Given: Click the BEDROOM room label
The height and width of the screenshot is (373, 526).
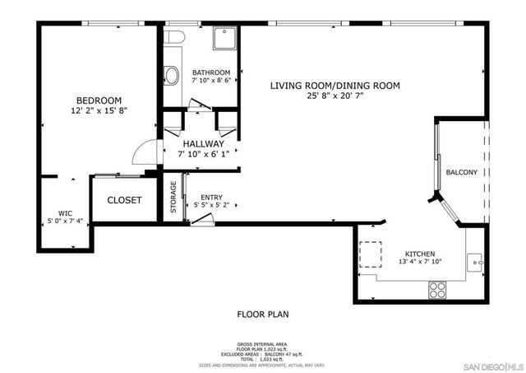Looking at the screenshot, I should (99, 100).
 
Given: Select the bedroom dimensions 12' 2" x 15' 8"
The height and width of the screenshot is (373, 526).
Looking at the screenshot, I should (99, 110).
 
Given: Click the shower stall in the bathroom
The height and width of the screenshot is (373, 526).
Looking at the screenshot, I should (224, 38).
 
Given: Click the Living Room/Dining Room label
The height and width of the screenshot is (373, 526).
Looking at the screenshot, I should (335, 86).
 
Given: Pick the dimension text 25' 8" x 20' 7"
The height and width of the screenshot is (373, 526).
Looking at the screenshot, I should (335, 96).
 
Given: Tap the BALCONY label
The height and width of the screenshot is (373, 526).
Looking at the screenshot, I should (461, 172).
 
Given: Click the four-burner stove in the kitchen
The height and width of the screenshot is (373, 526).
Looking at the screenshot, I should (437, 289).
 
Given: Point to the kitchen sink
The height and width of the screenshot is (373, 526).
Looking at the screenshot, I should (475, 263).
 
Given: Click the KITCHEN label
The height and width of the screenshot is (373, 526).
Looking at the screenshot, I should (419, 254).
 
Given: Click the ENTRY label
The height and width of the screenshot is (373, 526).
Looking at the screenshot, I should (211, 197).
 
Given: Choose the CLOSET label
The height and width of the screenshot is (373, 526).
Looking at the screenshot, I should (124, 200).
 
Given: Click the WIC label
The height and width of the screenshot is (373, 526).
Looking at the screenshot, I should (65, 212).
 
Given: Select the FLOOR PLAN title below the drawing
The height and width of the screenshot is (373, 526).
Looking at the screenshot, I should (262, 314).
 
